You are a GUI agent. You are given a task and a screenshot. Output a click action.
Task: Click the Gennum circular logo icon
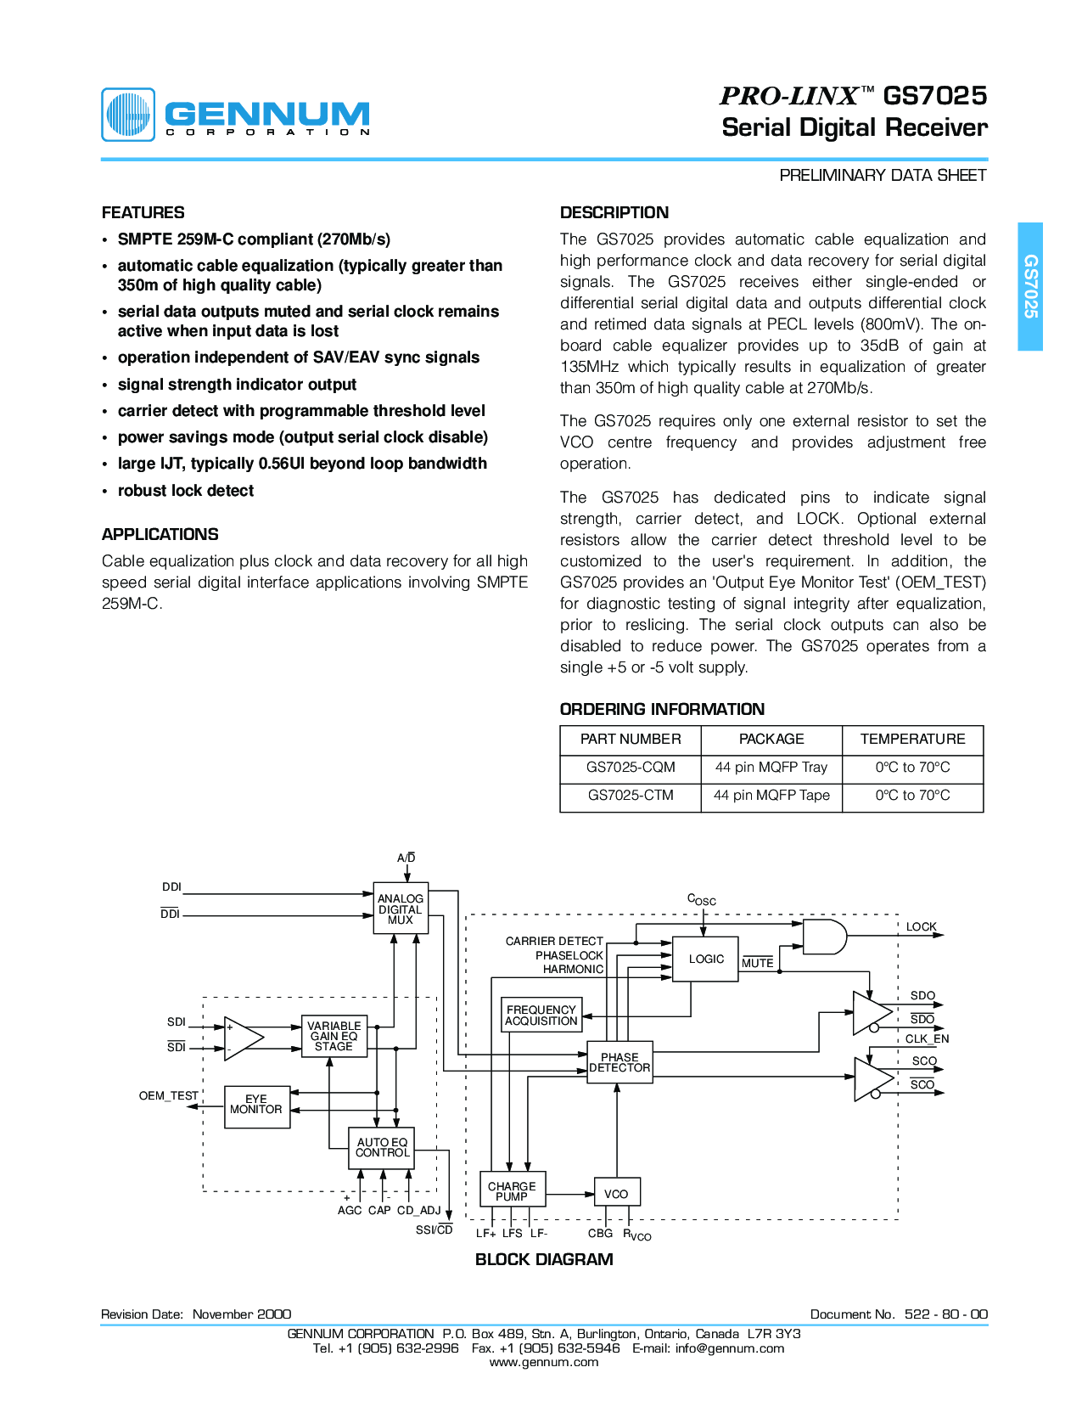[x=128, y=115]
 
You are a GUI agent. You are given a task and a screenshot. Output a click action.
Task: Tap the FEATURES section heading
[x=143, y=212]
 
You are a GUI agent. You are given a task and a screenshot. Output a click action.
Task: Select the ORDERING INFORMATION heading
[x=662, y=709]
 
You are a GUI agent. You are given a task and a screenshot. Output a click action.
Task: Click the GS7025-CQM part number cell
[x=631, y=768]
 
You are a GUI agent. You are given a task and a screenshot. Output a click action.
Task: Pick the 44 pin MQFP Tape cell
[x=771, y=796]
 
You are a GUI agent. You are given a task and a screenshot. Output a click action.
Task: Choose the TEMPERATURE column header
[x=912, y=739]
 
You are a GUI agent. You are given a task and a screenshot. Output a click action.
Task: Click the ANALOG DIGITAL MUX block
[x=401, y=909]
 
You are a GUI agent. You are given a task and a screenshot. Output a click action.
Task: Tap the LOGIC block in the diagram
[x=705, y=959]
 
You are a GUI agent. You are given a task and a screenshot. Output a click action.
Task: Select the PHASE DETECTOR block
[x=619, y=1062]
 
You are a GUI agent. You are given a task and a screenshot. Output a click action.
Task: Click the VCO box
[x=616, y=1193]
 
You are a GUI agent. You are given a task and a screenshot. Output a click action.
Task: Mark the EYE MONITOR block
[x=256, y=1105]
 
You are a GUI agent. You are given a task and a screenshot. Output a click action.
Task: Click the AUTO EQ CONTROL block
[x=382, y=1148]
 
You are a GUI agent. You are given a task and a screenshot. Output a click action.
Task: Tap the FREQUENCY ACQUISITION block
[x=541, y=1016]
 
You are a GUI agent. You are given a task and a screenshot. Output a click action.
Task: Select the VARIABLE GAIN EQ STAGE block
[x=334, y=1036]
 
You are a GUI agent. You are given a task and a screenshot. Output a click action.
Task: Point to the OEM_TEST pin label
[x=169, y=1096]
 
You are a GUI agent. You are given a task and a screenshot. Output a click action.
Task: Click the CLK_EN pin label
[x=927, y=1038]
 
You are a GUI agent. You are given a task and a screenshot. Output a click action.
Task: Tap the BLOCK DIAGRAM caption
[x=544, y=1259]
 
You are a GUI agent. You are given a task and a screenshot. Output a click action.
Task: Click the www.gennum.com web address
[x=544, y=1362]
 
